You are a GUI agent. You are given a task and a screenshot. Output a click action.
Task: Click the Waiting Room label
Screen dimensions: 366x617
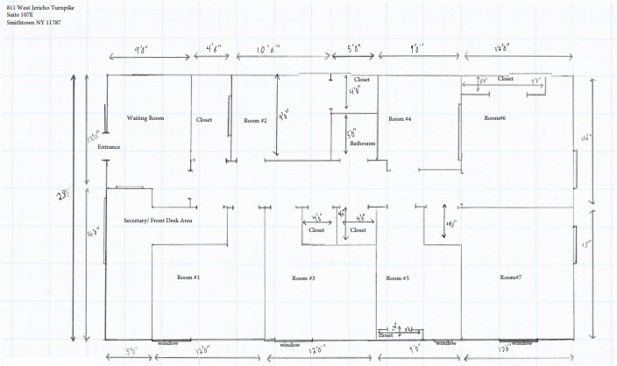(x=145, y=117)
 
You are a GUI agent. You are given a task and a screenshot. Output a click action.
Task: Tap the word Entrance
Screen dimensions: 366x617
(x=109, y=147)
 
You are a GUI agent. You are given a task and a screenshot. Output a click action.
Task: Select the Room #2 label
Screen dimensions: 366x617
(x=255, y=120)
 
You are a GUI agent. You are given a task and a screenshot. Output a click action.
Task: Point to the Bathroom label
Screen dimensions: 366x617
(x=363, y=143)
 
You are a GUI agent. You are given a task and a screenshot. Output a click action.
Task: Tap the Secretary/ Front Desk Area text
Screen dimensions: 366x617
(x=158, y=221)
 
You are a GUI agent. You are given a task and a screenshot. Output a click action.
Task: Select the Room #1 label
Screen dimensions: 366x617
(x=188, y=277)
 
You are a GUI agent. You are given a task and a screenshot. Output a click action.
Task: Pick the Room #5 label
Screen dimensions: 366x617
(x=399, y=278)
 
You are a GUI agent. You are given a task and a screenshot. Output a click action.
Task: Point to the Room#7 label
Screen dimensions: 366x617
(x=510, y=277)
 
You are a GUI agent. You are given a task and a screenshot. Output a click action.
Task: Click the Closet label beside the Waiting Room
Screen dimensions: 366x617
(x=204, y=120)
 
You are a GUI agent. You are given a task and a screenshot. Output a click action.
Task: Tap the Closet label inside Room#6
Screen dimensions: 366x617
(x=506, y=79)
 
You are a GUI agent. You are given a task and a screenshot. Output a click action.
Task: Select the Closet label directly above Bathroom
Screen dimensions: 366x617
(x=362, y=80)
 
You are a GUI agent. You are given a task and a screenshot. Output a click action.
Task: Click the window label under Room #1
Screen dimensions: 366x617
(x=168, y=343)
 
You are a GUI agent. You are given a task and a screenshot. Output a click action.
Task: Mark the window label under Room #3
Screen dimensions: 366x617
(x=289, y=345)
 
